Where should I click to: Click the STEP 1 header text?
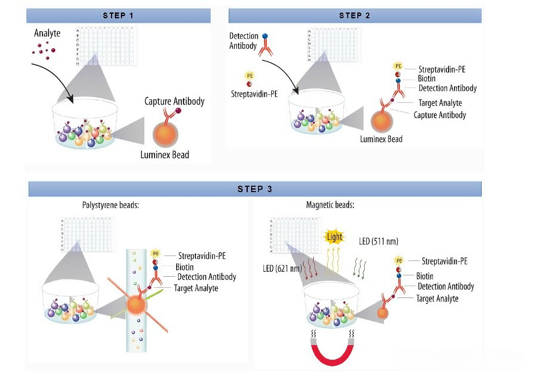coord(118,15)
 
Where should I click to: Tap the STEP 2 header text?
coord(355,15)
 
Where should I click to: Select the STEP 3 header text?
coord(255,189)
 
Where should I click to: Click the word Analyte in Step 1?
coord(47,34)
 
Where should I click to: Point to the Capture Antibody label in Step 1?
coord(174,101)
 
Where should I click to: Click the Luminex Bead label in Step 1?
coord(165,155)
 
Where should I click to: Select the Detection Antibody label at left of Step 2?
coord(244,41)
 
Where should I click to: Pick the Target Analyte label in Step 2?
coord(440,103)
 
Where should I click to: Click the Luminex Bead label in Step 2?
coord(381,139)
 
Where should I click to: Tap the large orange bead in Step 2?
coord(381,121)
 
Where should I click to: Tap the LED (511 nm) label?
coord(378,241)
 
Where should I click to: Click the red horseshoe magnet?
coord(331,351)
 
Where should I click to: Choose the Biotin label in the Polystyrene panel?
coord(185,267)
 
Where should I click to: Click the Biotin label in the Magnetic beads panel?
coord(425,276)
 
